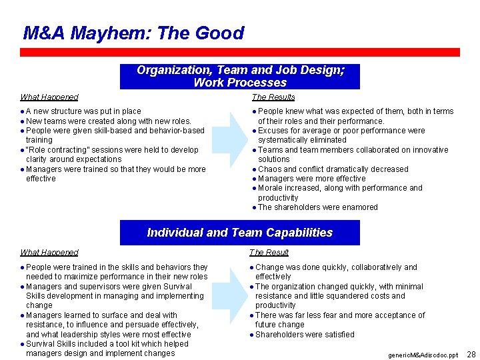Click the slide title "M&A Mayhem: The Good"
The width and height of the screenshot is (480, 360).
click(x=133, y=33)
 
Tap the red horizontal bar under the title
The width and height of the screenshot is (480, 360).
click(x=240, y=52)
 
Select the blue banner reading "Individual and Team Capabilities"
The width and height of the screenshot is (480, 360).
click(x=240, y=233)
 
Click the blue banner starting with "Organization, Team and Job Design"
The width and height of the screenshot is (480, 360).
click(x=240, y=76)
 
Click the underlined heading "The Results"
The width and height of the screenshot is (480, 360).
click(x=273, y=97)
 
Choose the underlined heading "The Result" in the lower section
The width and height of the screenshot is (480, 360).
click(x=269, y=252)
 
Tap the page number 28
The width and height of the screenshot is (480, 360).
click(x=471, y=354)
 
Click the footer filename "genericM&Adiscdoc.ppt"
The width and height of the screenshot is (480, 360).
click(x=423, y=355)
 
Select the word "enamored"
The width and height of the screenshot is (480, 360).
click(x=361, y=207)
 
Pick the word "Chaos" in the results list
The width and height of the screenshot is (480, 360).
click(x=269, y=169)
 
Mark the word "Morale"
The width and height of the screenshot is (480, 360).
click(x=271, y=188)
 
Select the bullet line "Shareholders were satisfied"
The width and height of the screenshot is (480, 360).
click(x=305, y=335)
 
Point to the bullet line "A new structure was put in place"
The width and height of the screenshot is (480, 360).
click(x=83, y=111)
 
